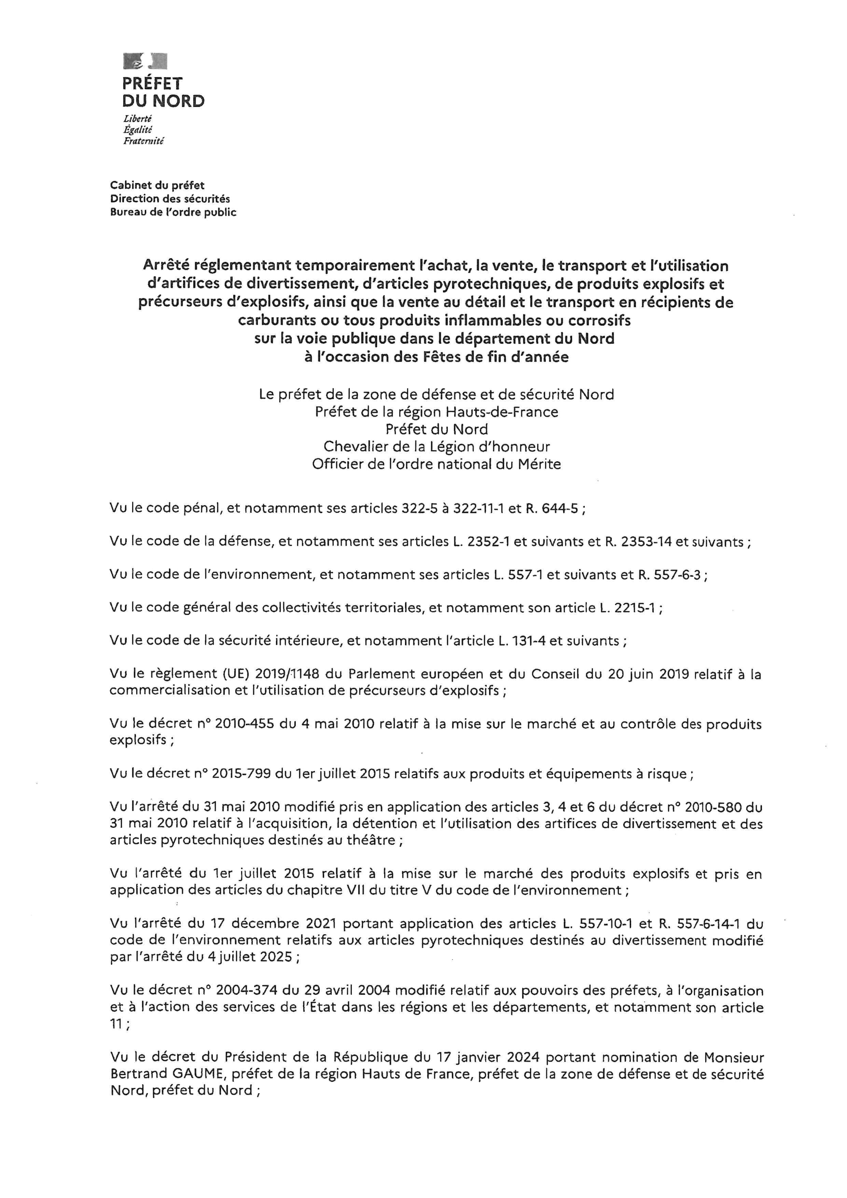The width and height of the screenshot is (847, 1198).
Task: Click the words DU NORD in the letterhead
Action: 163,101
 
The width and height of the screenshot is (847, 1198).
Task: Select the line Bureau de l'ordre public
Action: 173,212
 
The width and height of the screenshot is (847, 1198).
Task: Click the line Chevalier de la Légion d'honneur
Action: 436,446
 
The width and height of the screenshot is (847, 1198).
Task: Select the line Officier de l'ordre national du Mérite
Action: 436,464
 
